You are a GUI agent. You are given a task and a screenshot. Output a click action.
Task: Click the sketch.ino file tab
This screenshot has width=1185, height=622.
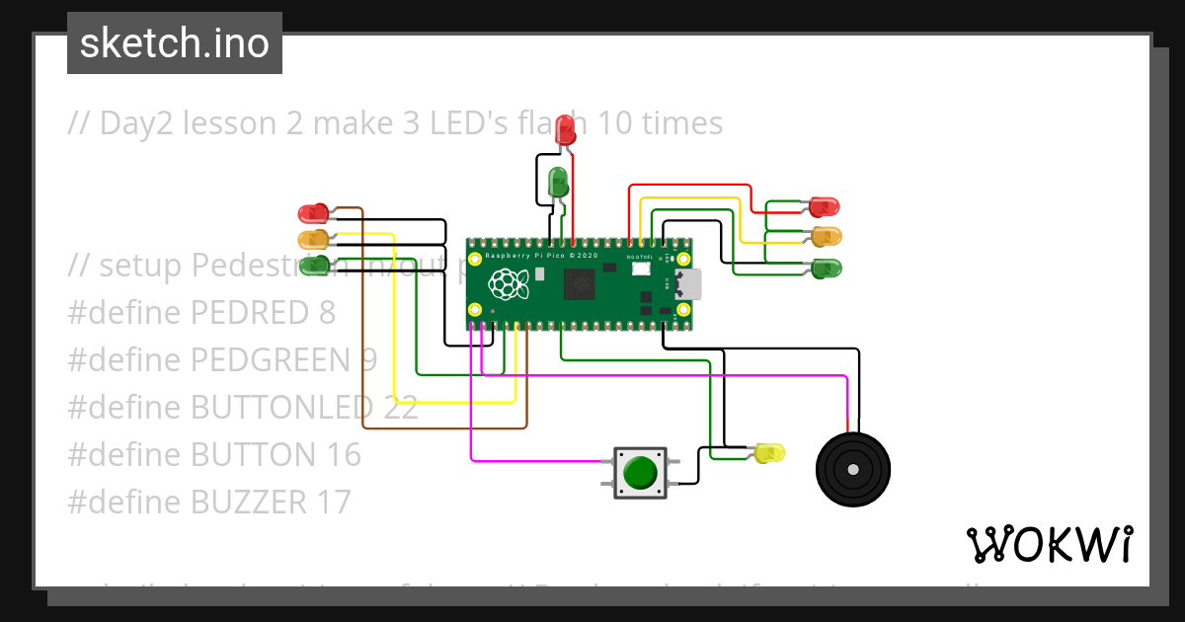tap(175, 43)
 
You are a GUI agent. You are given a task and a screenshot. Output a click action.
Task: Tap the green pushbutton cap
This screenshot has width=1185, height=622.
tap(641, 472)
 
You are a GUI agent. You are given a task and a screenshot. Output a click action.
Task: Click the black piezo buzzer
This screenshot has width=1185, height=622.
tap(852, 471)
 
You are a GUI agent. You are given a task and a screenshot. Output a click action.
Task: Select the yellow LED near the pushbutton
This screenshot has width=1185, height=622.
tap(769, 453)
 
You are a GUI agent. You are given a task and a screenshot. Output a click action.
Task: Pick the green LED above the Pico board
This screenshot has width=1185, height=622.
tap(558, 181)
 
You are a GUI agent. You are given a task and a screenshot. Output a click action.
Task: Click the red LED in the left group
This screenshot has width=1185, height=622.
tap(313, 213)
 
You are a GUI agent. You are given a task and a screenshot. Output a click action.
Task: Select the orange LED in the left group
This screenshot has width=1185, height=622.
tap(313, 239)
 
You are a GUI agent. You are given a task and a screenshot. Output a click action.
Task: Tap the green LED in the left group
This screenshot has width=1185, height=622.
tap(313, 264)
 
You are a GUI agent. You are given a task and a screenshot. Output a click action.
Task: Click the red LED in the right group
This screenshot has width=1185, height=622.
tap(824, 207)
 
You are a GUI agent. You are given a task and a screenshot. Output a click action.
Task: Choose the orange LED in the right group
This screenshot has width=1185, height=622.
tap(826, 237)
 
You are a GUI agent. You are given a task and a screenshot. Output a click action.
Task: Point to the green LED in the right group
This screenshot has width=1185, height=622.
tap(826, 268)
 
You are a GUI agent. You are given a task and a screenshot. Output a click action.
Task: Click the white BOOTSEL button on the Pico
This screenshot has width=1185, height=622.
tap(641, 268)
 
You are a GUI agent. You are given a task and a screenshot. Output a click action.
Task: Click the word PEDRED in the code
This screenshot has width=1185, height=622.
tap(249, 313)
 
